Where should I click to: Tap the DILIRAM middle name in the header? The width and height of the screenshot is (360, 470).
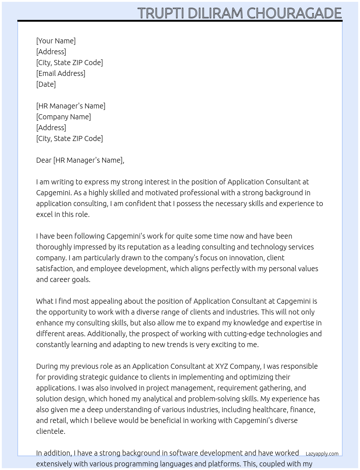pyautogui.click(x=215, y=13)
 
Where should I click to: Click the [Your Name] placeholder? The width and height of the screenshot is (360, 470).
pyautogui.click(x=56, y=41)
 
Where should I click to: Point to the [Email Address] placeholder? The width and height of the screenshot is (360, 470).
pyautogui.click(x=61, y=73)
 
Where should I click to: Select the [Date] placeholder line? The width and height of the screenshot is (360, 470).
pyautogui.click(x=46, y=84)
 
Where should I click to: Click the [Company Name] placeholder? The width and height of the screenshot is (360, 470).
pyautogui.click(x=63, y=117)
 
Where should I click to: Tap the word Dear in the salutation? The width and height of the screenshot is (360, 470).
pyautogui.click(x=44, y=160)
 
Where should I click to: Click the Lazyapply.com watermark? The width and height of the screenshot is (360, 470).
pyautogui.click(x=322, y=454)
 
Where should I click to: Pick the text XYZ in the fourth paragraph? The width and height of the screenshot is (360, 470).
pyautogui.click(x=222, y=366)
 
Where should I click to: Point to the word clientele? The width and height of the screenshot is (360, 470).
pyautogui.click(x=51, y=431)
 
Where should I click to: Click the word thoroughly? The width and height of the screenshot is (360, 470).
pyautogui.click(x=54, y=247)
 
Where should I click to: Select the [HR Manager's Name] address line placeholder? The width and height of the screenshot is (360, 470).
pyautogui.click(x=70, y=106)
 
